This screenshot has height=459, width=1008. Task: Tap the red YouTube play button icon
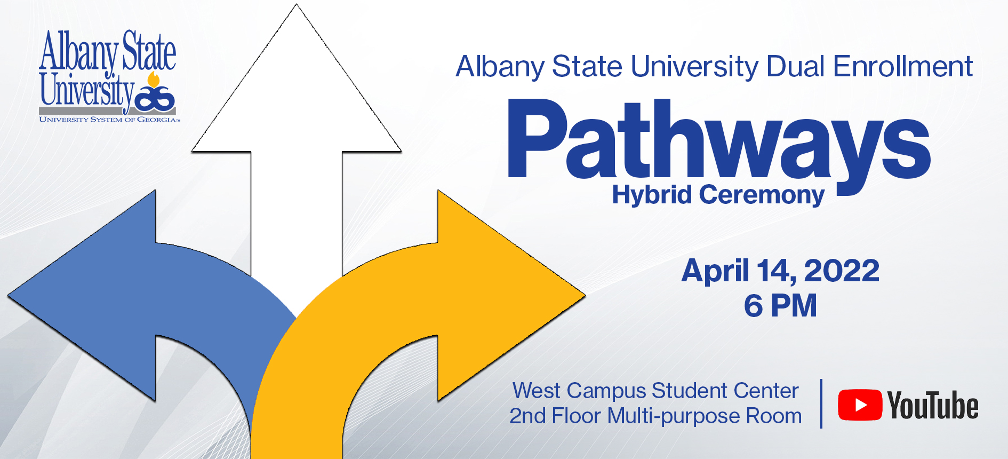pos(860,405)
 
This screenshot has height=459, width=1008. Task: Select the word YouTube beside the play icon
pos(933,405)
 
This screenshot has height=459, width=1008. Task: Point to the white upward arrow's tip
pos(297,5)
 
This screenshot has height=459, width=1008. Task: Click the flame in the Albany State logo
pos(154,80)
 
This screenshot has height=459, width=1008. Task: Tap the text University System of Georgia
pos(109,120)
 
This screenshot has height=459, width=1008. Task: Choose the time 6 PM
pos(780,306)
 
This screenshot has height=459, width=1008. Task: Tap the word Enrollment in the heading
pos(903,67)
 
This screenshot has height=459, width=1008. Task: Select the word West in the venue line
pos(537,391)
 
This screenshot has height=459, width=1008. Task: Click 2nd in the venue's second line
pos(527,416)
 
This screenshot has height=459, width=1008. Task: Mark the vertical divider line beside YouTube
pos(821,403)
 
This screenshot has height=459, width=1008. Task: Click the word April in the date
pos(715,271)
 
